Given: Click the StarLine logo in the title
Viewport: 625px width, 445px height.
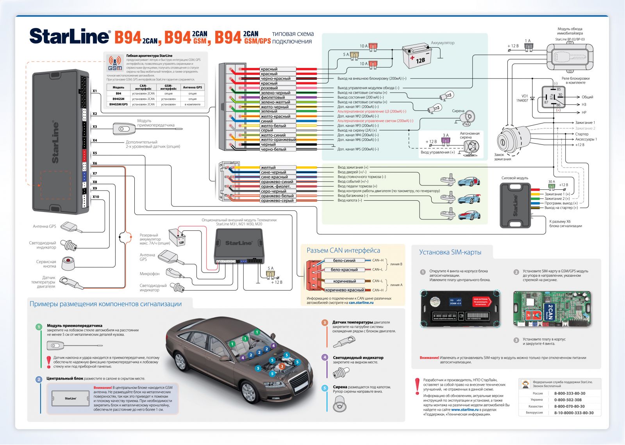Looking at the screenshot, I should click(x=70, y=36).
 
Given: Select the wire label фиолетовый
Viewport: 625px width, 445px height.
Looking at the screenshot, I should click(x=272, y=98).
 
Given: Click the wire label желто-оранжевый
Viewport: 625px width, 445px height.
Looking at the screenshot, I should click(x=278, y=140).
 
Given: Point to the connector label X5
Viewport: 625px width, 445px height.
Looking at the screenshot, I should click(x=95, y=153).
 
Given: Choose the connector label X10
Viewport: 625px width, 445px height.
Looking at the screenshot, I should click(x=96, y=197).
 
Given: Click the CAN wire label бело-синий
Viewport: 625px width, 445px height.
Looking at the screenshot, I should click(x=344, y=260).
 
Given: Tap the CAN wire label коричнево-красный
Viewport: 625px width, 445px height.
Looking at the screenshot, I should click(x=345, y=290).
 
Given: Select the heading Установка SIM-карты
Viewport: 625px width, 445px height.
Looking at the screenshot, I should click(x=450, y=252).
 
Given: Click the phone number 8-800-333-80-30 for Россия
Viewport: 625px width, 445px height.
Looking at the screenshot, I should click(x=570, y=393).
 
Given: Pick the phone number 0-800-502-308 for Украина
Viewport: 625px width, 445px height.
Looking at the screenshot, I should click(x=568, y=400).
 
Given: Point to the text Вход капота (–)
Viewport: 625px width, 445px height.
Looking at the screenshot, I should click(x=350, y=200).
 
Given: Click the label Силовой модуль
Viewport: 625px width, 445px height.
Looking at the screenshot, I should click(x=514, y=178).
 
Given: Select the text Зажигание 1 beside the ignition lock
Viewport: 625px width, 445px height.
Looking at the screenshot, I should click(x=585, y=123).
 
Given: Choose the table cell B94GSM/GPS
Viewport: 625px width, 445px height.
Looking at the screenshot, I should click(x=118, y=104).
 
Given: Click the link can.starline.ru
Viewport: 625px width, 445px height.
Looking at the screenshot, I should click(x=361, y=303).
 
